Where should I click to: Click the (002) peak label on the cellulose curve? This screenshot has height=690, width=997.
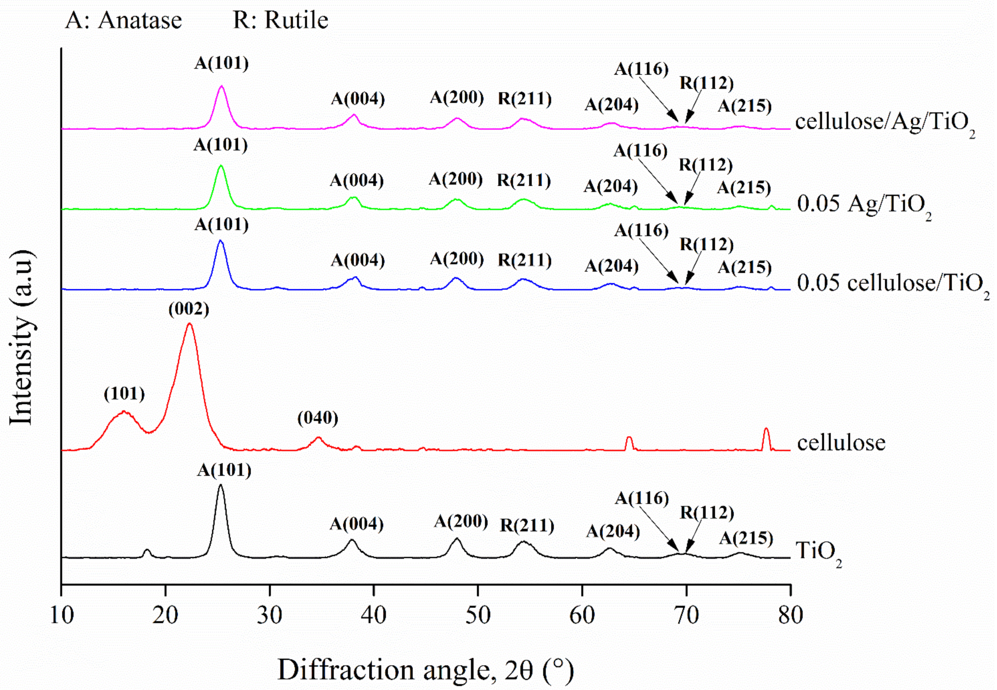tap(189, 309)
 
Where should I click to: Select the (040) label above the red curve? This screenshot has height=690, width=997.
tap(318, 418)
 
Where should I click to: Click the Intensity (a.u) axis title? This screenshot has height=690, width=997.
tap(22, 337)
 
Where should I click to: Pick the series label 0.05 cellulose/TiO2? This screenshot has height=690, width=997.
tap(893, 284)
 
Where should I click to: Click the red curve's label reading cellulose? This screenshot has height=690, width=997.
tap(841, 442)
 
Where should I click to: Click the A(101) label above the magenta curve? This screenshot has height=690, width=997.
tap(221, 64)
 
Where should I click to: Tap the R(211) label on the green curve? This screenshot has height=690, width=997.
tap(524, 180)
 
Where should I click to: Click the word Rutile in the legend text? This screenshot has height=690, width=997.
tap(296, 20)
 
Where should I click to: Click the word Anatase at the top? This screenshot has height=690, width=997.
tap(140, 20)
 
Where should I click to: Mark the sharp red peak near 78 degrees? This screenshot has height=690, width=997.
tap(766, 429)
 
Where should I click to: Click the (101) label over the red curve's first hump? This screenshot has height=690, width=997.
tap(124, 394)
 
